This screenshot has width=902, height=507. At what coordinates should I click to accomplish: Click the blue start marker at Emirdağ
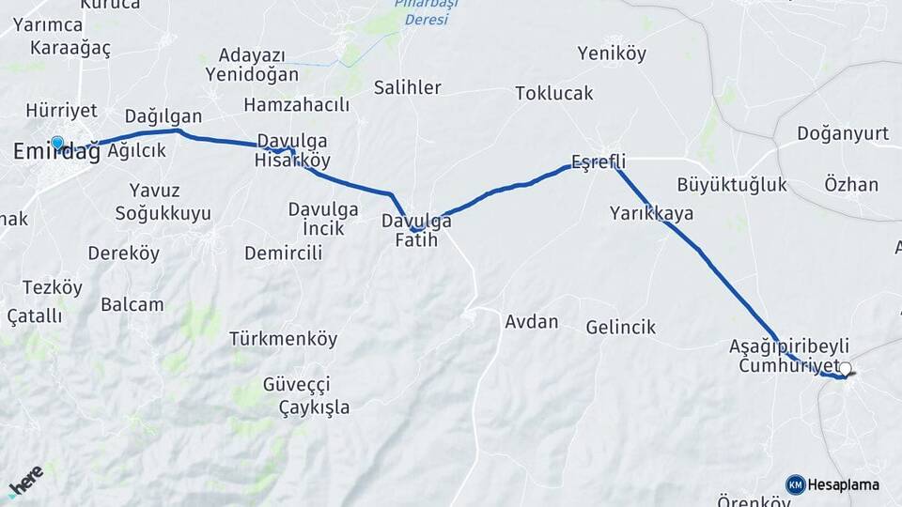[57, 144]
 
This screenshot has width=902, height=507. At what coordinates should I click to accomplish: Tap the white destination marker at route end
[846, 370]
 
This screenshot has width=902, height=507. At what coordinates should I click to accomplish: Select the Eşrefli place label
[598, 161]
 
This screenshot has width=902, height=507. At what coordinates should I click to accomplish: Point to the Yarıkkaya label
[651, 213]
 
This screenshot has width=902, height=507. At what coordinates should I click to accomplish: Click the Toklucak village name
[554, 93]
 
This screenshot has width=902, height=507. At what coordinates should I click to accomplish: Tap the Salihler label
[407, 87]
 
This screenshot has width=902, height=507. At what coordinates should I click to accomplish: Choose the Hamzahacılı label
[296, 104]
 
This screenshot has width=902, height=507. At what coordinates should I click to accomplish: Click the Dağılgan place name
[163, 116]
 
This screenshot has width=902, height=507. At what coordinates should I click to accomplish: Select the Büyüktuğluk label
[731, 184]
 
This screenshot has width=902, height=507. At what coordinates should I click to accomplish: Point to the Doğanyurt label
[842, 133]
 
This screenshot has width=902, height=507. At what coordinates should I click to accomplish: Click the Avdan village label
[531, 322]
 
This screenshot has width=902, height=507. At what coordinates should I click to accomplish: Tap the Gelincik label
[620, 328]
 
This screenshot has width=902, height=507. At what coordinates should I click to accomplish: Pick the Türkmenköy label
[283, 339]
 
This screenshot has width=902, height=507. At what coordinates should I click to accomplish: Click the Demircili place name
[283, 253]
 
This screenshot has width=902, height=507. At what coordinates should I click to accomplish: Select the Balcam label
[132, 304]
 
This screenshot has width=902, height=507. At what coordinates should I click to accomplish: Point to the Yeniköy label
[612, 54]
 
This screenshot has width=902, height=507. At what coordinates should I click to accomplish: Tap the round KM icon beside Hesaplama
[795, 484]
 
